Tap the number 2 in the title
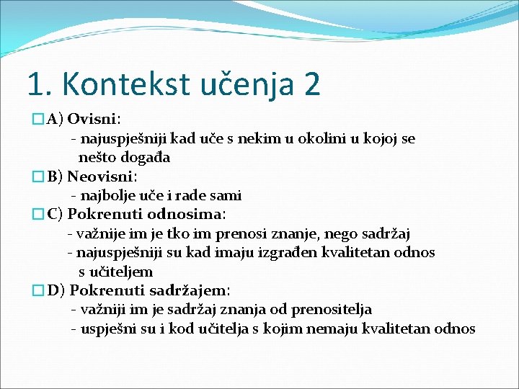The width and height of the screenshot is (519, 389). [312, 84]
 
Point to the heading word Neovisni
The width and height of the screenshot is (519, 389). [102, 176]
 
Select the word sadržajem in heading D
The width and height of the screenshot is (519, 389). [190, 290]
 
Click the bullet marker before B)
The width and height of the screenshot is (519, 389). [38, 176]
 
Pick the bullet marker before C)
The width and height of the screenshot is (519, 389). [38, 215]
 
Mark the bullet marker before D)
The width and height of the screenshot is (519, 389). [38, 291]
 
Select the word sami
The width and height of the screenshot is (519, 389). [226, 195]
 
